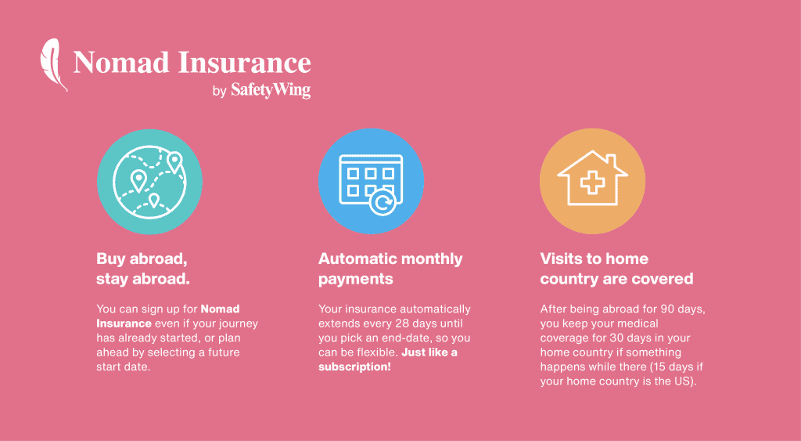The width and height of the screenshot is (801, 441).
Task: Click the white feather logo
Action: click(53, 64)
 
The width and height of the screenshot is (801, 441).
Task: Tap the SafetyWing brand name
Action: click(271, 91)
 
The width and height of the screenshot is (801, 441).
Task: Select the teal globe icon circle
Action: click(149, 182)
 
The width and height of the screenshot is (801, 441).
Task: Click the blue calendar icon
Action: click(371, 182)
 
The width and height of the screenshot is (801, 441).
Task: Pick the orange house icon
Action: click(592, 182)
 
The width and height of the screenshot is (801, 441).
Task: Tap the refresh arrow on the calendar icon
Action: click(383, 202)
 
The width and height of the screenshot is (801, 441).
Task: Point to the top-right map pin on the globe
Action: click(174, 161)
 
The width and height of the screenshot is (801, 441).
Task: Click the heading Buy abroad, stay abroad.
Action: click(143, 269)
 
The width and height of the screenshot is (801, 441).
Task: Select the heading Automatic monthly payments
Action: click(390, 269)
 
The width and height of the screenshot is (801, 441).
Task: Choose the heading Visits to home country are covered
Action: click(616, 269)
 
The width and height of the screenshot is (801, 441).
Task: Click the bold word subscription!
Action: click(354, 367)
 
